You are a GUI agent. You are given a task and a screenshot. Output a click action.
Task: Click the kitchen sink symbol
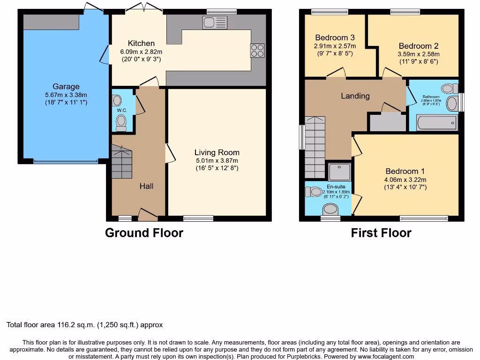click(215, 22)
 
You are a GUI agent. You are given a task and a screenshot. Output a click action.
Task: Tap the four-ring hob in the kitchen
click(257, 50)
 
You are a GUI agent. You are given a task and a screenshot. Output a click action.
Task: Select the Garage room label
click(66, 86)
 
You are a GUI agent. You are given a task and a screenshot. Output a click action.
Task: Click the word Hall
click(146, 186)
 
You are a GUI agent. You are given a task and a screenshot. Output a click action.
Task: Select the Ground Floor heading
click(144, 232)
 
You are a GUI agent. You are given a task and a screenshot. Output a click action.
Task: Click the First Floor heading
click(381, 232)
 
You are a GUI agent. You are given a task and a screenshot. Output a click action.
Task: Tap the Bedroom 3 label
click(335, 37)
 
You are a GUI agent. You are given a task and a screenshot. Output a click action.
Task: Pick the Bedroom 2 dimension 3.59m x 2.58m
click(419, 54)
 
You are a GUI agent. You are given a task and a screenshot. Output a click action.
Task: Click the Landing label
click(355, 96)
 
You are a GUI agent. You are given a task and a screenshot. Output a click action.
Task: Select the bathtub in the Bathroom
click(436, 123)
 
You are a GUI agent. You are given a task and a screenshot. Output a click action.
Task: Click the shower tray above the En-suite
click(340, 172)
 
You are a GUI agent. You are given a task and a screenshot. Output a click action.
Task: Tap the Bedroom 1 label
click(405, 171)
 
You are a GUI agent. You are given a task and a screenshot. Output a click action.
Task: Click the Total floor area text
click(84, 324)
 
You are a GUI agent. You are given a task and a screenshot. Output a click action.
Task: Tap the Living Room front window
click(198, 218)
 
